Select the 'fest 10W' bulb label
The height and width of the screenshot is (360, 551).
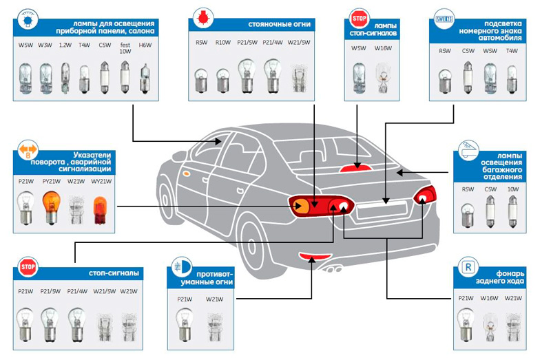click(125, 47)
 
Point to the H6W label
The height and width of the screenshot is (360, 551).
click(145, 45)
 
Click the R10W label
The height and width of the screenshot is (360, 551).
click(222, 43)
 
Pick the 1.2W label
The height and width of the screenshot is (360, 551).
click(64, 45)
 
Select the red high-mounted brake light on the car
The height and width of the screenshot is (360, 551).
click(355, 168)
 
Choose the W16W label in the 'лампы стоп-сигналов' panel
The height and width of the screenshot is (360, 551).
click(383, 48)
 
